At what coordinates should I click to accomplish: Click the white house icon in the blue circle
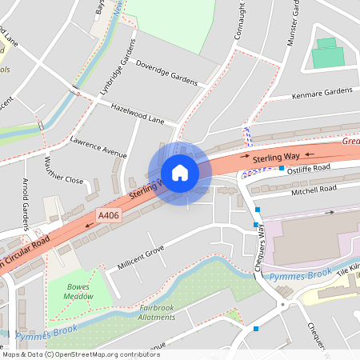coord(179,173)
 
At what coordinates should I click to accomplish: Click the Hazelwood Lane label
coord(137,113)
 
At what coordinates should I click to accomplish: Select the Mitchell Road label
coord(314,190)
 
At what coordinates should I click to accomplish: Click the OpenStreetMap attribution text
coord(80,354)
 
